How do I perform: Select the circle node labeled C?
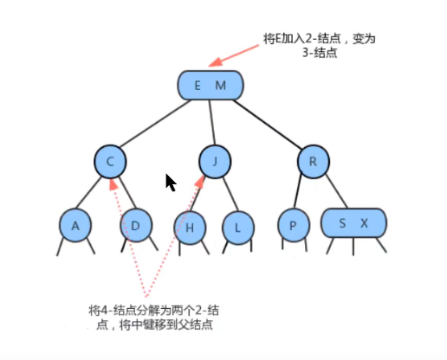111,161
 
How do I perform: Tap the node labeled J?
214,161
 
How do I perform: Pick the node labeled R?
312,161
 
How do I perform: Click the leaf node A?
75,226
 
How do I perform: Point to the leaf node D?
134,226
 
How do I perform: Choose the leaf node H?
189,228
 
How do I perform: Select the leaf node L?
237,228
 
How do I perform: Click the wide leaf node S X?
353,224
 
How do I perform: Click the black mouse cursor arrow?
171,183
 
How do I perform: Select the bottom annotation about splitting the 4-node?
151,316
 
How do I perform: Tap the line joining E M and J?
211,123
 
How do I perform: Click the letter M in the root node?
220,85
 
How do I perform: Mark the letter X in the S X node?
365,224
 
